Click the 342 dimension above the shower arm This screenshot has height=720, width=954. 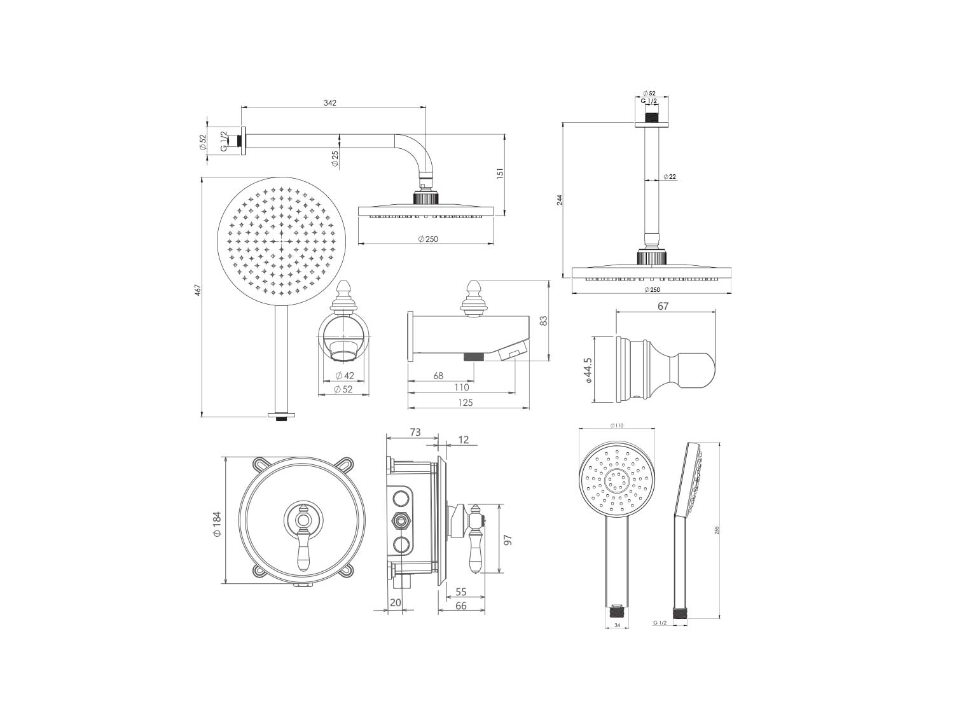[330, 103]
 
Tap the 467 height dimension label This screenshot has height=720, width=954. [197, 290]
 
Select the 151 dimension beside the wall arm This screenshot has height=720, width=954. [500, 174]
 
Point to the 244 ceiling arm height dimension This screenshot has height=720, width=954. [560, 200]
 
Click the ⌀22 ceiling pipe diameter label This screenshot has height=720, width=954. [670, 177]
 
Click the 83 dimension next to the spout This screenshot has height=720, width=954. [543, 321]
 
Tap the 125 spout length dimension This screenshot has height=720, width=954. [465, 403]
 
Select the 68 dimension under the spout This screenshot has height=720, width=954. [438, 375]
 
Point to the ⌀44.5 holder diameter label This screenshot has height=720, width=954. [588, 370]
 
